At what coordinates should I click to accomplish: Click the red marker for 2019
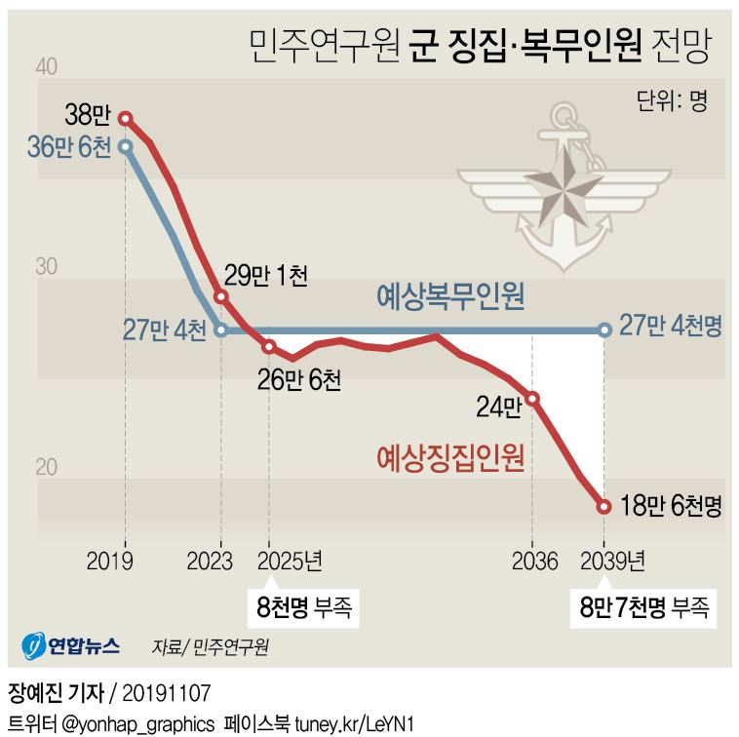pos(126,118)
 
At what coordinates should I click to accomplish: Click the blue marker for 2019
pos(126,146)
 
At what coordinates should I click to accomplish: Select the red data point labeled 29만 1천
pos(221,295)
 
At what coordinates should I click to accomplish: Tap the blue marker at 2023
pos(221,330)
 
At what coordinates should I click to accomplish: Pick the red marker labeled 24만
pos(532,398)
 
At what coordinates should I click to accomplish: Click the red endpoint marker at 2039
pos(604,506)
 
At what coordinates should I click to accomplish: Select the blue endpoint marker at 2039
pos(604,330)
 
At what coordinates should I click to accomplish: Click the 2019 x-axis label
pos(110,562)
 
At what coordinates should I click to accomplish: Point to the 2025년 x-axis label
pos(290,562)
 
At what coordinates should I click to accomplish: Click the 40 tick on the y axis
pos(46,66)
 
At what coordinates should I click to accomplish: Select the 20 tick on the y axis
pos(46,467)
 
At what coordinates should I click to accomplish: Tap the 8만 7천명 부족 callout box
pos(643,608)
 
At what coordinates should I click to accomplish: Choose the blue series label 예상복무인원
pos(450,296)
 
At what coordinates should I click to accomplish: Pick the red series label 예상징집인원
pos(450,455)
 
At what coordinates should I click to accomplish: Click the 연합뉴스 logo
pos(72,644)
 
